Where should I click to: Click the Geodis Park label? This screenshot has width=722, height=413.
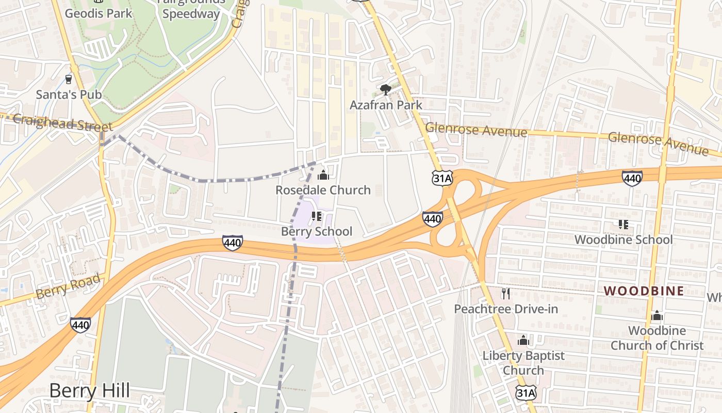(99, 13)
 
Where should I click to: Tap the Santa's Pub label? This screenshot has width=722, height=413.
(69, 94)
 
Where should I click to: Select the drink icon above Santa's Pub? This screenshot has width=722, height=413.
(68, 80)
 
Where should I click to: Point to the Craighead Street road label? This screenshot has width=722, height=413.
(62, 123)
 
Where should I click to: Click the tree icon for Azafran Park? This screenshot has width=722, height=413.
(385, 90)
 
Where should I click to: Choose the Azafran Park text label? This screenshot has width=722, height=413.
(386, 105)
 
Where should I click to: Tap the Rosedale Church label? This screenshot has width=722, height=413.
(323, 190)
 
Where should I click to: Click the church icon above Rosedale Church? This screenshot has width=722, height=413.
(323, 175)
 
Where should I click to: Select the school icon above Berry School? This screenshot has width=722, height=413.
(317, 216)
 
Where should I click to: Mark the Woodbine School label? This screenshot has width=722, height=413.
(623, 240)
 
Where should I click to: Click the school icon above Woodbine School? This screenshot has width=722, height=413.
(623, 225)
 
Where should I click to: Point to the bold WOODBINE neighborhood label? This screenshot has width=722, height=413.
(644, 291)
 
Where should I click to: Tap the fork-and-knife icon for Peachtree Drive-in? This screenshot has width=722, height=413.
(505, 294)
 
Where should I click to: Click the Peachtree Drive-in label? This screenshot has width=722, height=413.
(506, 309)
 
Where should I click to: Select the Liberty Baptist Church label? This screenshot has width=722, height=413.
(523, 363)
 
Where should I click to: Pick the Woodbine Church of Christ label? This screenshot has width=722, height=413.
(657, 338)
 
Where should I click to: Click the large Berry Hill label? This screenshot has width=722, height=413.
(90, 391)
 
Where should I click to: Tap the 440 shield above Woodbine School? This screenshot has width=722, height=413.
(632, 179)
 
